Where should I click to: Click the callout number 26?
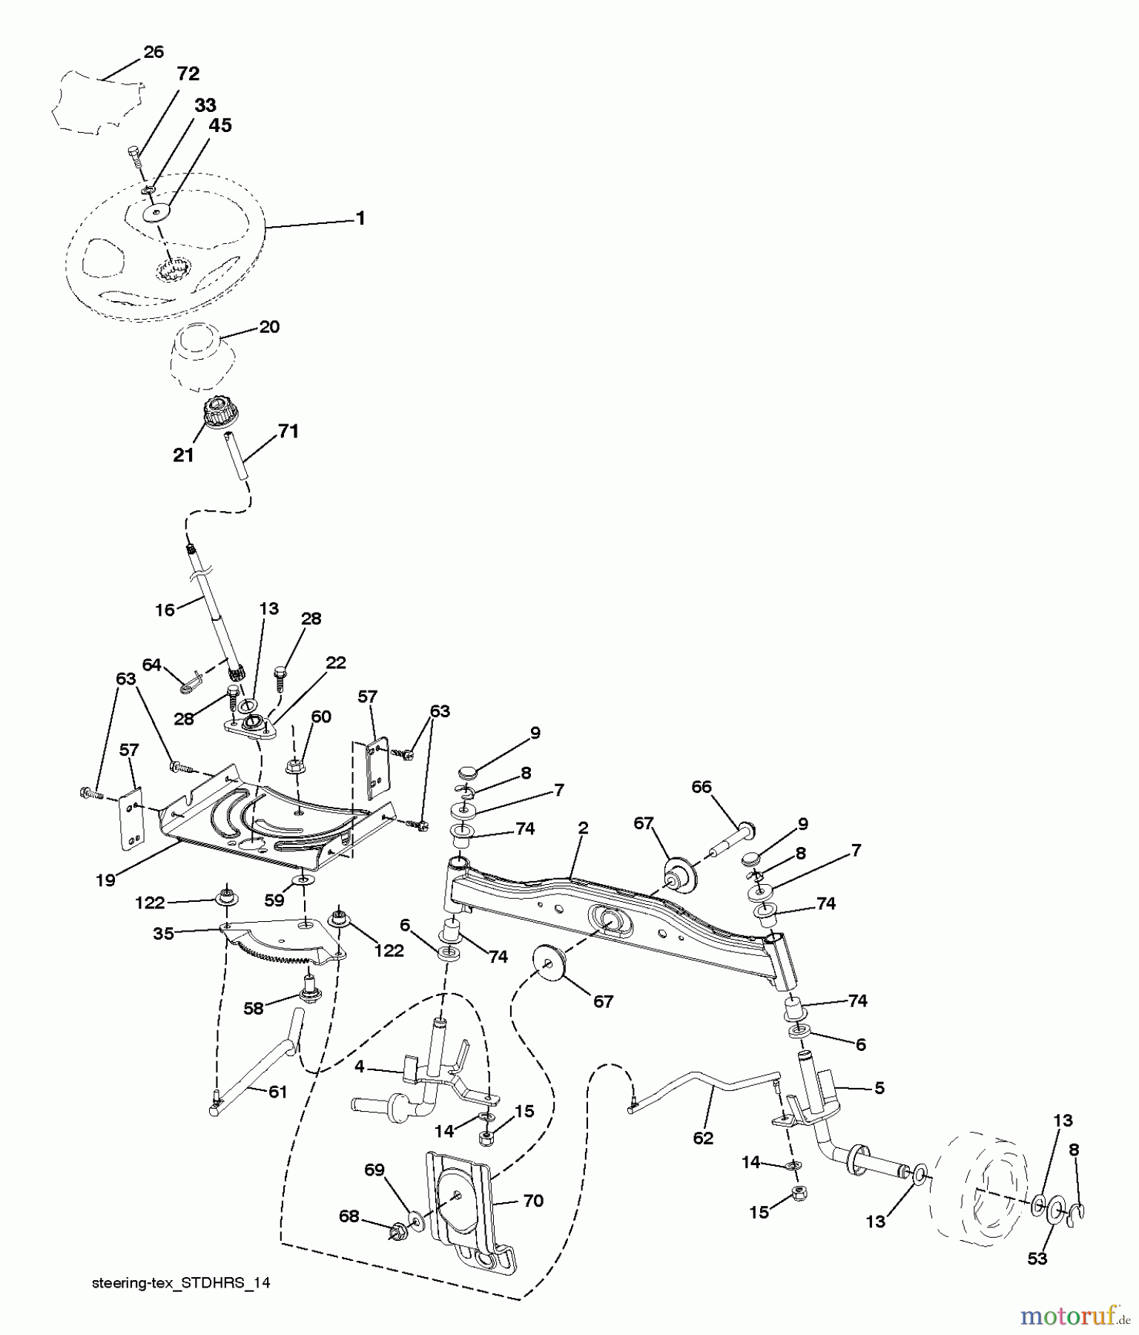[x=153, y=52]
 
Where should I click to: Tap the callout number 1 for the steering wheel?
[x=360, y=218]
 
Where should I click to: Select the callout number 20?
[x=269, y=327]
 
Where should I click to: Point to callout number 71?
[x=288, y=431]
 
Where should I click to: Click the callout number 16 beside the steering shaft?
[x=165, y=610]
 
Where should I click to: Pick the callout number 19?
[x=105, y=880]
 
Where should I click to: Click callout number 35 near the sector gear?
[x=163, y=934]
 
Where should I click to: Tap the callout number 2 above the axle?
[x=583, y=828]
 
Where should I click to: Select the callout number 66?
[x=701, y=787]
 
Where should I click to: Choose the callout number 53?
[x=1037, y=1259]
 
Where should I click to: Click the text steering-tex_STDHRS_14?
[x=181, y=1283]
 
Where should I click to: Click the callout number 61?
[x=277, y=1092]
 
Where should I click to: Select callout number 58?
[x=254, y=1009]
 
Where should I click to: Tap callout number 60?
[x=321, y=717]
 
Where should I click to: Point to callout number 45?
[x=220, y=126]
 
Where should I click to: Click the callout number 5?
[x=879, y=1089]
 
